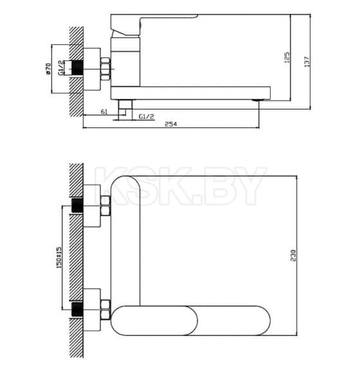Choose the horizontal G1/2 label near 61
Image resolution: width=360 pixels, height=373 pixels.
tap(146, 116)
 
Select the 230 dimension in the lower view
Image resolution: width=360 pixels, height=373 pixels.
tap(294, 255)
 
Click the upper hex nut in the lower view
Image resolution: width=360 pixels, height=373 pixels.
tap(104, 210)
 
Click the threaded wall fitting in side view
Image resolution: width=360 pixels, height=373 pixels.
tap(79, 66)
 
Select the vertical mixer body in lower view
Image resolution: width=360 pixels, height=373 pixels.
tap(124, 244)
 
